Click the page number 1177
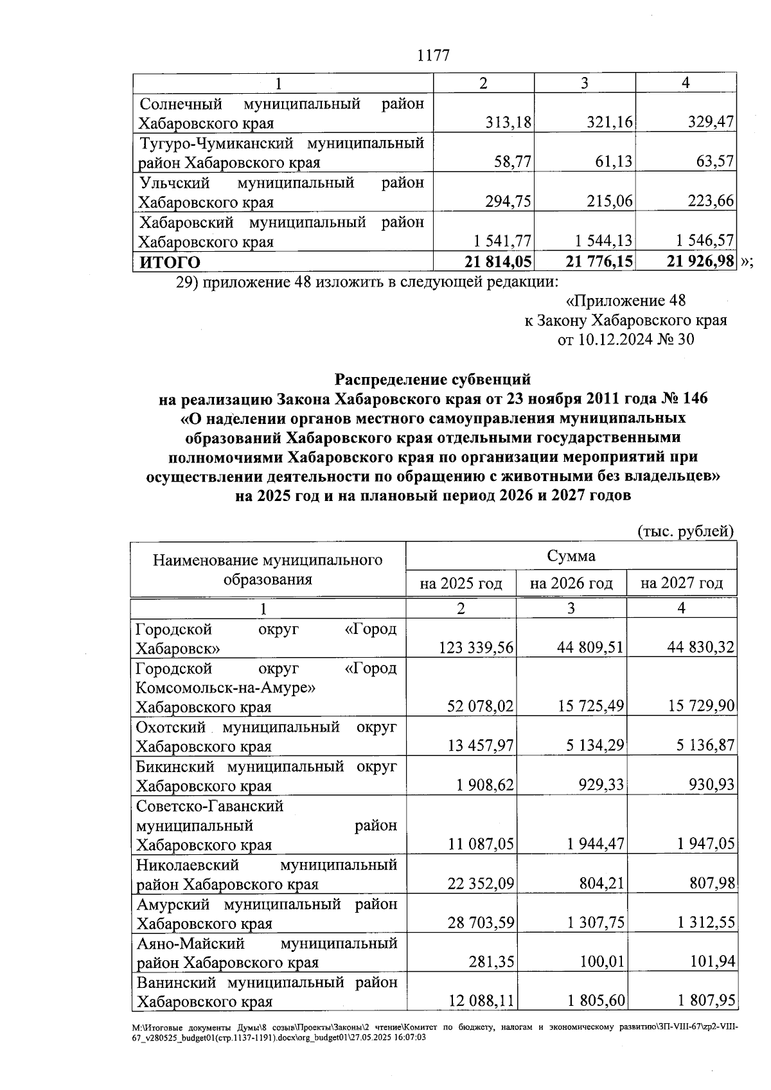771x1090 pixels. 433,55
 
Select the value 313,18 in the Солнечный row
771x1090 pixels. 509,123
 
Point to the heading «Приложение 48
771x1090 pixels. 625,301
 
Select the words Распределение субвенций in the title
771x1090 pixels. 433,379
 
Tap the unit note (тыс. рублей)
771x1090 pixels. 685,531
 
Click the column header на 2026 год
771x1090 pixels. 571,583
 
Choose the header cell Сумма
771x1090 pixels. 571,556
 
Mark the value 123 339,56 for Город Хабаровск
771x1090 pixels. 476,647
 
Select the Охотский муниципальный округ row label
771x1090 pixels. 266,737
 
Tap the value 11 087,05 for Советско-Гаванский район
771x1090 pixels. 481,844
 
